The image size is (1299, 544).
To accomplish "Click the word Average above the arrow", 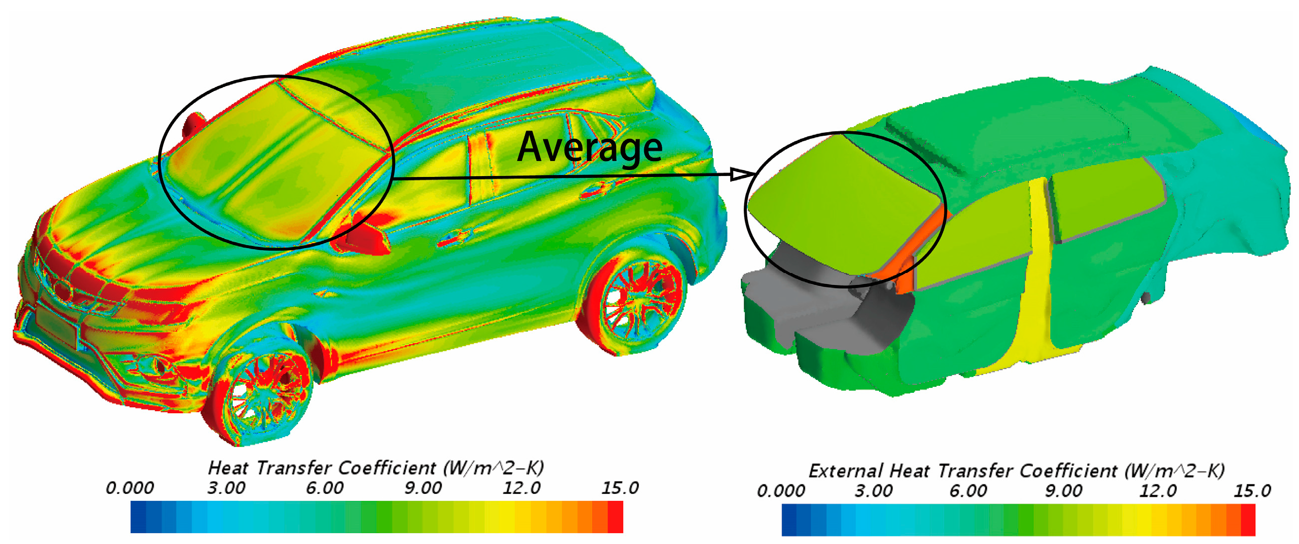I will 590,147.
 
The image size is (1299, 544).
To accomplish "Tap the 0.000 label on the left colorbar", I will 129,488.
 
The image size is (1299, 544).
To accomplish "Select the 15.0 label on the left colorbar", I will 620,488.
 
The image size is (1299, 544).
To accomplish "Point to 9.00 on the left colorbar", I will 423,488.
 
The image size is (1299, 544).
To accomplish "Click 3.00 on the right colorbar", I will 874,491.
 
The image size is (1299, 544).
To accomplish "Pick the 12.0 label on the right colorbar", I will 1158,491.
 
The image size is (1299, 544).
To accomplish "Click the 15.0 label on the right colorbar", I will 1252,491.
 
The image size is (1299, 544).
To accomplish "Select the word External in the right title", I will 845,471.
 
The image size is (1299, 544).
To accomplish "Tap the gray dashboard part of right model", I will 827,297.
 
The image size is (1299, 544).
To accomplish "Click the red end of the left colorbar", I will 615,517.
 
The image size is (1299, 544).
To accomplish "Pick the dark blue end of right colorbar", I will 789,520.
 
